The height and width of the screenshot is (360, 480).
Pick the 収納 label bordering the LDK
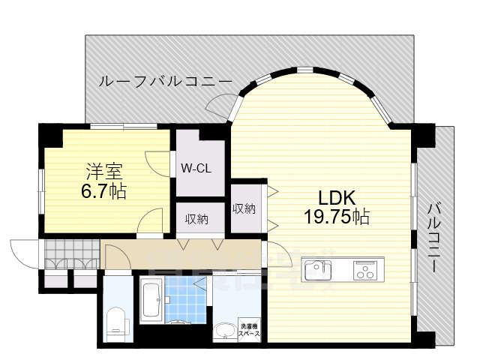[244, 209]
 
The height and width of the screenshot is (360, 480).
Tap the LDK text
[336, 199]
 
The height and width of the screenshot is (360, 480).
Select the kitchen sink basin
[315, 268]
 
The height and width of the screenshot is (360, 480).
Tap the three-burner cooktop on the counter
[366, 269]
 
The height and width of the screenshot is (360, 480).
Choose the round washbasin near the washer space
[223, 330]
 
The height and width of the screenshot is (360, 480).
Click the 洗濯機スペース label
[249, 329]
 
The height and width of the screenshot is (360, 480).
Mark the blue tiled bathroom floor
[182, 300]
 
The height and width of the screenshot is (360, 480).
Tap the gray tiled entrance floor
[70, 254]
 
